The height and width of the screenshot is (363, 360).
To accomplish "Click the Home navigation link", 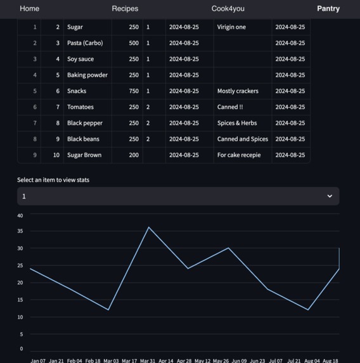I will tap(29, 9).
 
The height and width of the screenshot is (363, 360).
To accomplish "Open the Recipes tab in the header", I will tap(125, 9).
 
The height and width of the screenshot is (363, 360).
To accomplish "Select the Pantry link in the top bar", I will tap(328, 9).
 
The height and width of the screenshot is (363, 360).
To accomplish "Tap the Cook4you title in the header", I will tap(228, 9).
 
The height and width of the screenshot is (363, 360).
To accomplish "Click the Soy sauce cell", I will tap(80, 59).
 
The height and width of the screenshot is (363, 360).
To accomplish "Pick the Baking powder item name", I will tap(87, 75).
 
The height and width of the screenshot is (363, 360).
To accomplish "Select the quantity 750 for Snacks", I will tap(133, 91).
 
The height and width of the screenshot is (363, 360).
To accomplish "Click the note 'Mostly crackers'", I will tap(238, 91).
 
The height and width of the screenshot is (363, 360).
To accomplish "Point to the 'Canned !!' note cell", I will tap(230, 107).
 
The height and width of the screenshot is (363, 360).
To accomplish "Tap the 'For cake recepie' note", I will tap(239, 155).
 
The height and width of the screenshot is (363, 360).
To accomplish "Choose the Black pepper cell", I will tap(85, 123).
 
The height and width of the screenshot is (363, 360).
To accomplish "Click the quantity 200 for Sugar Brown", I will tap(133, 155).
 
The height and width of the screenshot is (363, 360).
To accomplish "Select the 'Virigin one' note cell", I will tap(231, 27).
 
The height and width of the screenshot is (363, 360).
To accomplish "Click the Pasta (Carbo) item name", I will tap(85, 43).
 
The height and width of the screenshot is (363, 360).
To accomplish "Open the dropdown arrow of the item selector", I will tap(330, 196).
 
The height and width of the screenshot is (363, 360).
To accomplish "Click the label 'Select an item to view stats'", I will tap(53, 180).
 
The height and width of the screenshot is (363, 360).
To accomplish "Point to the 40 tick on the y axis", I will tap(20, 215).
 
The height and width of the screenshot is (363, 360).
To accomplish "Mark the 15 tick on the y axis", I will tap(20, 300).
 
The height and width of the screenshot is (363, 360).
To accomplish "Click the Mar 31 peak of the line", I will tap(149, 227).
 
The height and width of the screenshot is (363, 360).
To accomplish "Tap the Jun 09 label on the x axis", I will tap(239, 360).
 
